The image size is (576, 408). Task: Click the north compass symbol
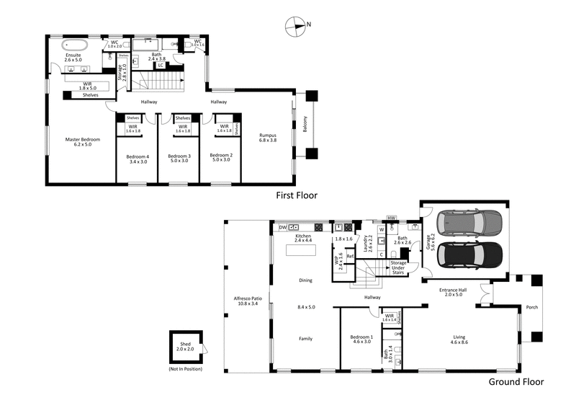(296, 26)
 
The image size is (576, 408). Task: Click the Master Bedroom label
(82, 142)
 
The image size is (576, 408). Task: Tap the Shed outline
(185, 348)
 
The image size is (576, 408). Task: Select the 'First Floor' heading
(297, 195)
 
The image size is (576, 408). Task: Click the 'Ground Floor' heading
(515, 382)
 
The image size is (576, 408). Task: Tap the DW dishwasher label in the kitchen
(283, 227)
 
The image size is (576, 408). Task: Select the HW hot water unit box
(392, 218)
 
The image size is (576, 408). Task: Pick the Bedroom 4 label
(137, 159)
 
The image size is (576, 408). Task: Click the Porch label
(531, 306)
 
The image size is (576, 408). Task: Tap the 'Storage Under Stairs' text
(399, 268)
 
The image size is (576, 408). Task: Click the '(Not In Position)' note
(185, 368)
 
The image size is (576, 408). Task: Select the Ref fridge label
(350, 257)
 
